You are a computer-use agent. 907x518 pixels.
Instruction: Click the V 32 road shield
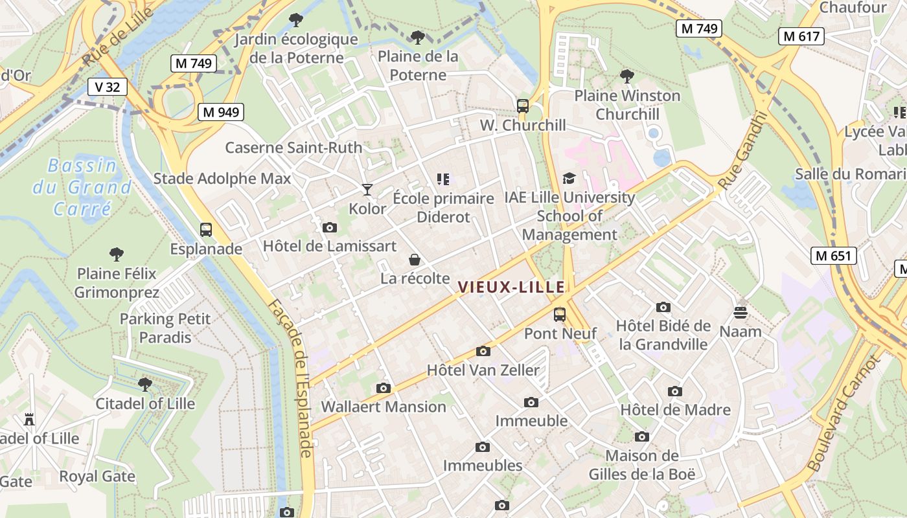tap(108, 87)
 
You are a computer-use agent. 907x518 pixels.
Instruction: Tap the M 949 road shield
tap(220, 112)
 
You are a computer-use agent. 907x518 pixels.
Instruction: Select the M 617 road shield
tap(801, 36)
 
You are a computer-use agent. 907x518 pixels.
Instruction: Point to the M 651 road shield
tap(833, 256)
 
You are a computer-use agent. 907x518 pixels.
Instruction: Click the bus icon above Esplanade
tap(206, 230)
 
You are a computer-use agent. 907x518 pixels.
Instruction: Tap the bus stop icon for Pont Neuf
tap(560, 315)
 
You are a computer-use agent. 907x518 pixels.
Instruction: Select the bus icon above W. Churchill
tap(523, 106)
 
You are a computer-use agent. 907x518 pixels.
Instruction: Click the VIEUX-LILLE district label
tap(511, 287)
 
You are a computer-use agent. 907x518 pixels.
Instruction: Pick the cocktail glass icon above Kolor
tap(367, 190)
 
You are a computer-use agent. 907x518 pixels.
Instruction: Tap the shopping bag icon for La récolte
tap(415, 260)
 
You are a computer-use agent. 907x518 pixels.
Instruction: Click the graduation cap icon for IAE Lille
tap(569, 179)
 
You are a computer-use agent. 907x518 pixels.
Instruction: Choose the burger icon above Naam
tap(741, 313)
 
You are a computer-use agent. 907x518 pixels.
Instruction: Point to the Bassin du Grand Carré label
tap(82, 187)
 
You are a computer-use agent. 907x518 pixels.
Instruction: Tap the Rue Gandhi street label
tap(743, 150)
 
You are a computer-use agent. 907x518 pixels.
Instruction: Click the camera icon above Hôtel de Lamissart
tap(330, 227)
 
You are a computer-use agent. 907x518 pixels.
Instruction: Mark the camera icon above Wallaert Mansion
tap(384, 388)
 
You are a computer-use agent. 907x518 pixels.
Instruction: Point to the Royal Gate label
tap(97, 477)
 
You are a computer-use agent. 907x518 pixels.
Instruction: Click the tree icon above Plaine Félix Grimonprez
tap(117, 254)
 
